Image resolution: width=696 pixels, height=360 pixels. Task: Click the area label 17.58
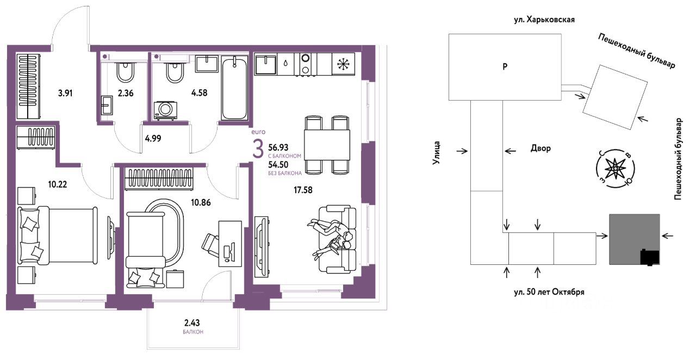(303, 190)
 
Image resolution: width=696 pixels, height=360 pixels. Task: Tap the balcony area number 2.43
(192, 322)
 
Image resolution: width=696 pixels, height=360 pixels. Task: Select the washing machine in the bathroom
(166, 110)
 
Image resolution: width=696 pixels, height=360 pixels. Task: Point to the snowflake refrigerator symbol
(343, 64)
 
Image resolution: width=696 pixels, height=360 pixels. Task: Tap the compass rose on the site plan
(615, 169)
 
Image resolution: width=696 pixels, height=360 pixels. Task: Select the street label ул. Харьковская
(544, 20)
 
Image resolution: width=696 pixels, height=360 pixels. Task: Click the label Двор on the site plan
(540, 148)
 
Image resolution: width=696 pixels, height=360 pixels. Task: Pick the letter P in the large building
(505, 66)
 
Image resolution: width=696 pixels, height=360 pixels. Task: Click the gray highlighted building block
(634, 239)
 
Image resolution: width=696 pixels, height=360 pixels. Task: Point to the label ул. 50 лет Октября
(549, 292)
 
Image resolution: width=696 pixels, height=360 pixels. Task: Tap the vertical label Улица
(437, 153)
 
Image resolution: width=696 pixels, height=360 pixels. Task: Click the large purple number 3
(258, 149)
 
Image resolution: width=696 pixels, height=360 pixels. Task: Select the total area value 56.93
(278, 147)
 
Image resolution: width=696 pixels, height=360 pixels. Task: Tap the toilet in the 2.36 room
(126, 72)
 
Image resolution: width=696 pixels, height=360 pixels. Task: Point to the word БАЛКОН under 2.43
(193, 332)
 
